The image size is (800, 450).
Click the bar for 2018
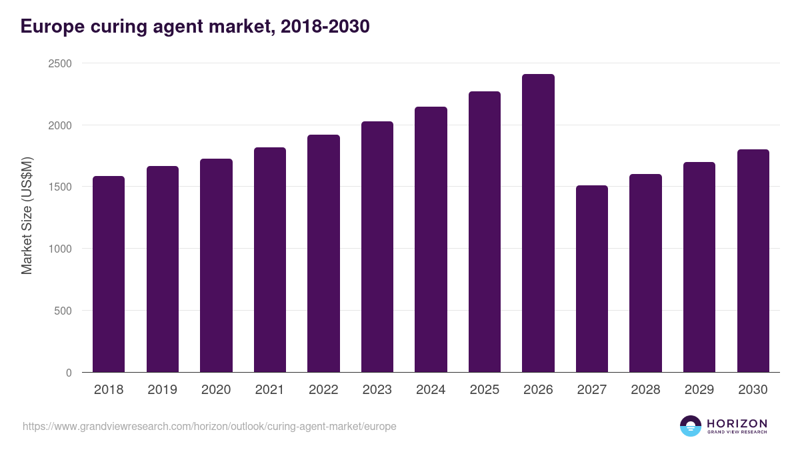click(x=109, y=274)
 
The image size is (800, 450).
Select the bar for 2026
click(x=538, y=223)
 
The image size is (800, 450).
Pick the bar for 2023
click(x=377, y=247)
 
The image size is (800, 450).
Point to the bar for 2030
click(x=753, y=261)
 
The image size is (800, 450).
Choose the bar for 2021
click(x=270, y=260)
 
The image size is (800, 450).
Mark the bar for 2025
click(x=485, y=232)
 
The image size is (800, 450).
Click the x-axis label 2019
click(x=162, y=390)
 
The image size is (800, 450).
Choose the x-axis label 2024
click(x=431, y=390)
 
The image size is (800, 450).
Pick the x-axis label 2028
click(x=645, y=390)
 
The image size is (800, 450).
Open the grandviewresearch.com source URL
click(x=209, y=426)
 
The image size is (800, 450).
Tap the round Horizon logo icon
click(x=691, y=426)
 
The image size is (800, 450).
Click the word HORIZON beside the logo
click(x=737, y=423)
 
